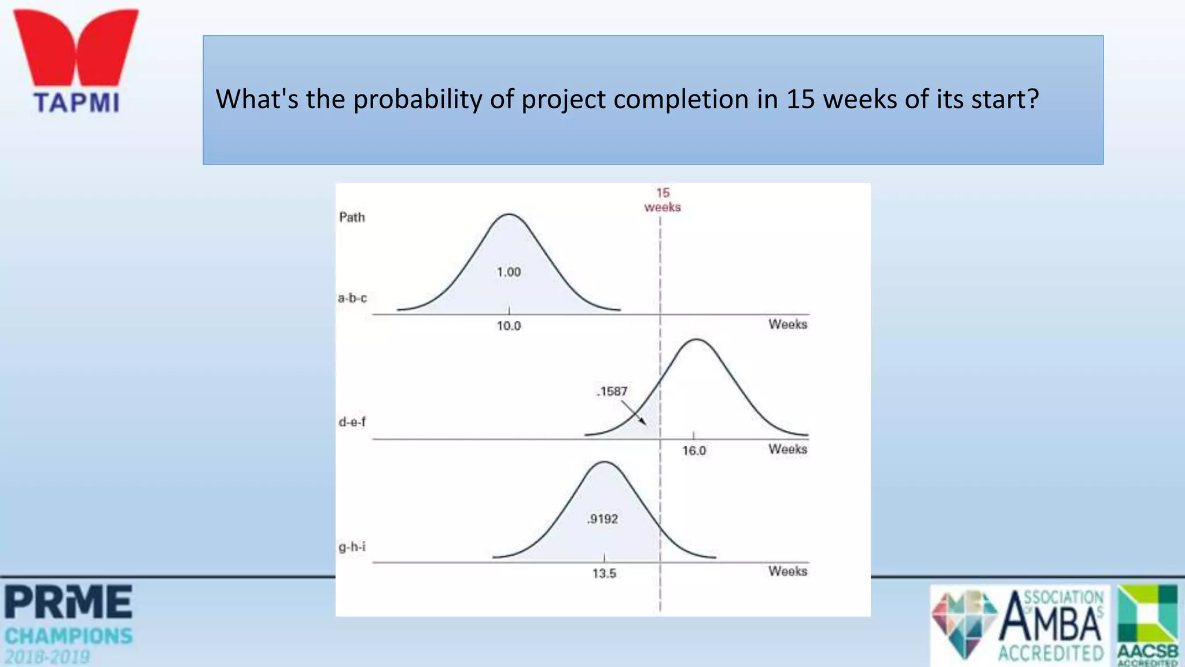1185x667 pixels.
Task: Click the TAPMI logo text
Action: tap(76, 102)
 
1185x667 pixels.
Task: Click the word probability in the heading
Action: tap(417, 100)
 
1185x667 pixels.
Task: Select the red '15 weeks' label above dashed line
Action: tap(663, 200)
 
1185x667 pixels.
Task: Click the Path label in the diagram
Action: tap(352, 217)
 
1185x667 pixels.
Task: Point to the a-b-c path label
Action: tap(352, 298)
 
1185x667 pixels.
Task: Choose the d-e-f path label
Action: tap(352, 422)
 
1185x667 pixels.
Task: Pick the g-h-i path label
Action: tap(352, 547)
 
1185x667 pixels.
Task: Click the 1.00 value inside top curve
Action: tap(509, 272)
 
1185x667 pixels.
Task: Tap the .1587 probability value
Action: tap(612, 391)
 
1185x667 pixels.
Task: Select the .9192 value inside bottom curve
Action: tap(602, 519)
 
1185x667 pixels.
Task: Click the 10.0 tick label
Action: tap(509, 326)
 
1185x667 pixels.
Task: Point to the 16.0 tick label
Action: tap(694, 450)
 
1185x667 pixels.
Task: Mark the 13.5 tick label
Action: tap(604, 574)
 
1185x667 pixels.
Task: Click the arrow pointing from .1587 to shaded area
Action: tap(634, 413)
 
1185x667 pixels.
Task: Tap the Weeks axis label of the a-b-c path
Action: tap(787, 324)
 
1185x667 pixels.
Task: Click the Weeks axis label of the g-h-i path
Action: tap(787, 571)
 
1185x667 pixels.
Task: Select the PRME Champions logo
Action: tap(69, 624)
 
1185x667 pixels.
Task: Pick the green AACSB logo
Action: tap(1147, 624)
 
